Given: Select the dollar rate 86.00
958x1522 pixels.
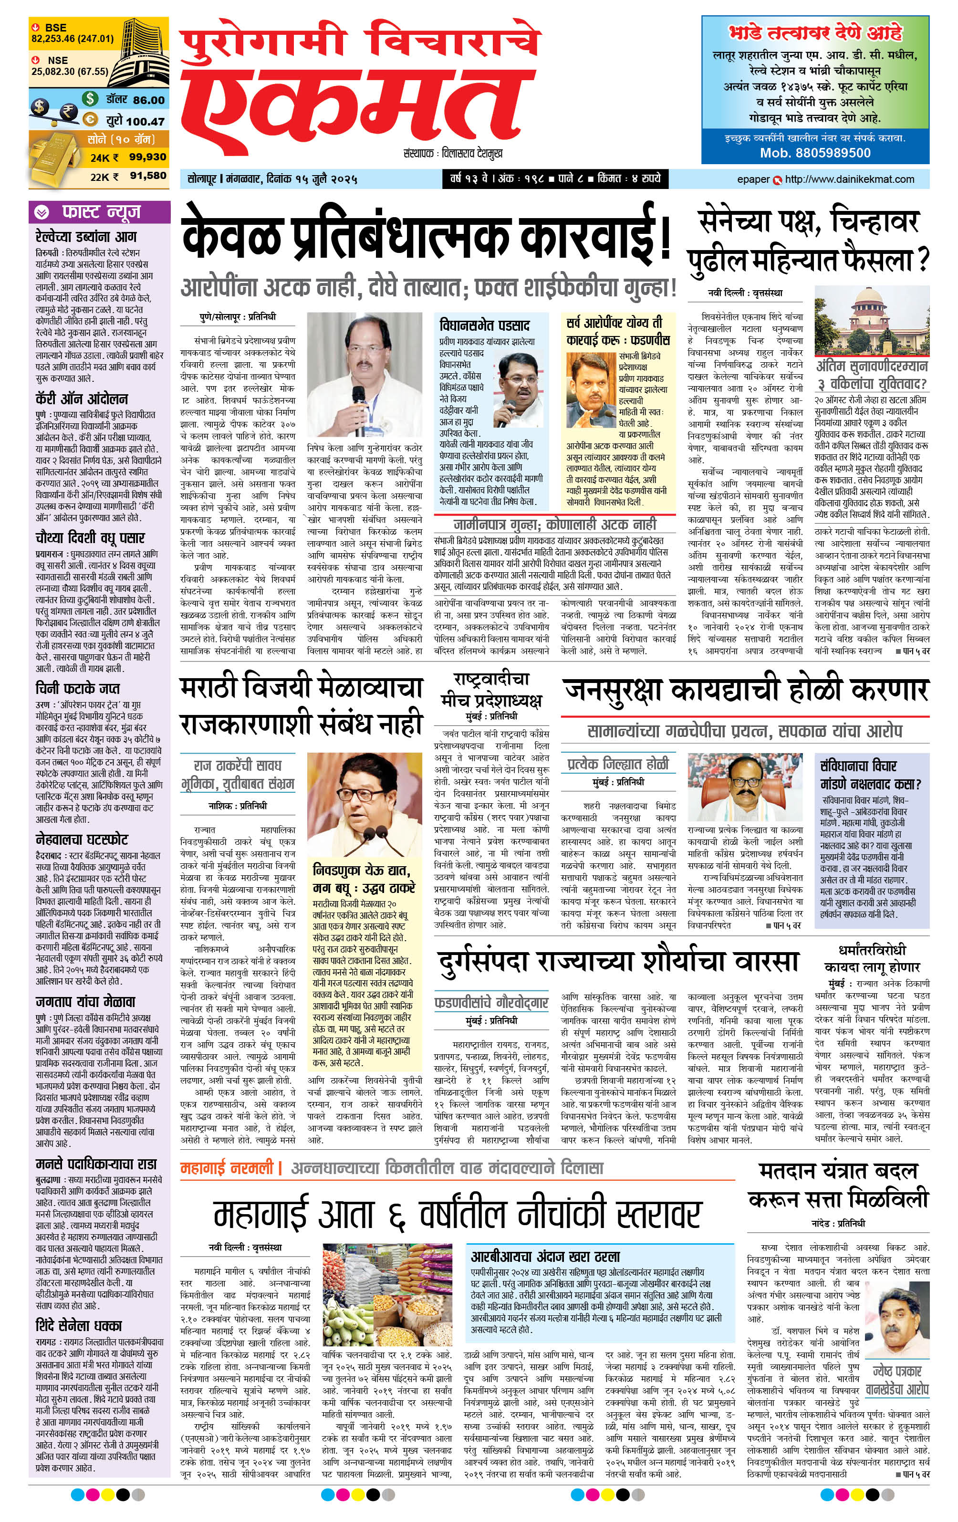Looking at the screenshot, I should pyautogui.click(x=148, y=100).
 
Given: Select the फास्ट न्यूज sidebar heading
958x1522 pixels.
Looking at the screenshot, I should pyautogui.click(x=101, y=212).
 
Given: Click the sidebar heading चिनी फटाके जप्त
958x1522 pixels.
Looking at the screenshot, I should pyautogui.click(x=77, y=688).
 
